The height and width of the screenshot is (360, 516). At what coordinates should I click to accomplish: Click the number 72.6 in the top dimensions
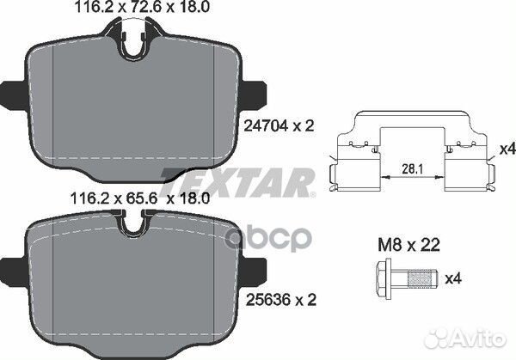click(144, 7)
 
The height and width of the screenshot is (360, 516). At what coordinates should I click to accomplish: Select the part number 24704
click(266, 125)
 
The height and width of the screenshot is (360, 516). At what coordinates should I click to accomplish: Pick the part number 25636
click(268, 300)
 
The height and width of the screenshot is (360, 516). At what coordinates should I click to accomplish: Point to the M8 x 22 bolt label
click(408, 245)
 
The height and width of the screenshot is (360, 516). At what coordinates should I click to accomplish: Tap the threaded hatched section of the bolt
click(419, 278)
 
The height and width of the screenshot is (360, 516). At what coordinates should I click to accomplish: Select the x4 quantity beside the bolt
click(453, 278)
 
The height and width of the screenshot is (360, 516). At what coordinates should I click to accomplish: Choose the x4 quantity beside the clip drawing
click(507, 149)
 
